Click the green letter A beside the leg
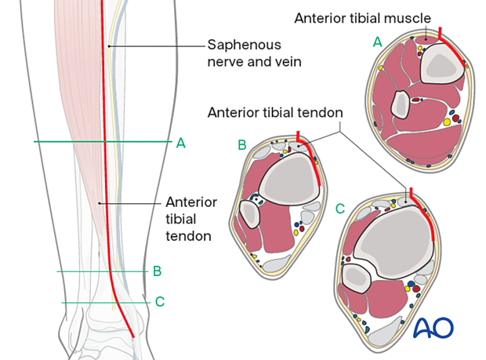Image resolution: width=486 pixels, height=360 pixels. [x=180, y=143]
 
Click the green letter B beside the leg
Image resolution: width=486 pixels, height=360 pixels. [x=157, y=271]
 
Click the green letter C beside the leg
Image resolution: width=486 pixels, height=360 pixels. [x=160, y=301]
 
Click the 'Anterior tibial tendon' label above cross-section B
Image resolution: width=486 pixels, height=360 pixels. [x=274, y=113]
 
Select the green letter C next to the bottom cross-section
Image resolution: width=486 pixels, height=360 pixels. [x=339, y=209]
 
